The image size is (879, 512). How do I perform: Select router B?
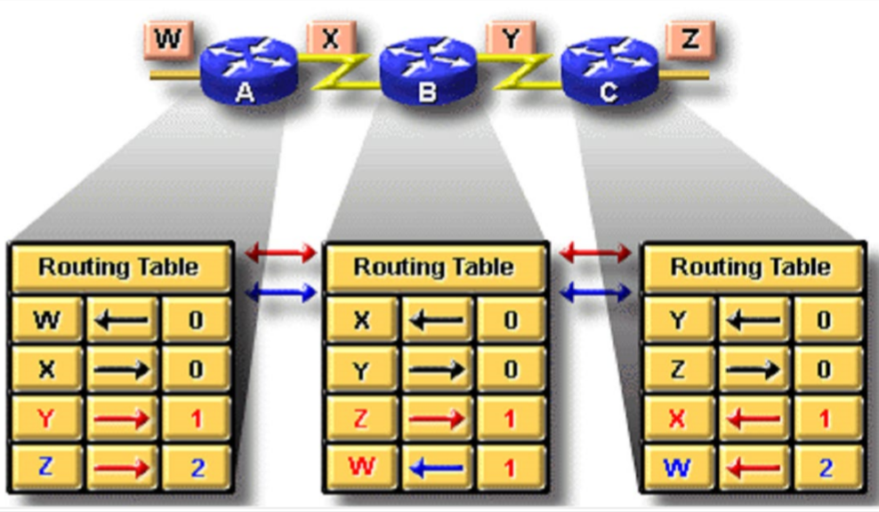coord(427,69)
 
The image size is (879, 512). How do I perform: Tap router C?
coord(609,69)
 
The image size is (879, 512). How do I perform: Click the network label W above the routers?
coord(167,39)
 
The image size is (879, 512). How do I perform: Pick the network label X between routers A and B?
coord(330,39)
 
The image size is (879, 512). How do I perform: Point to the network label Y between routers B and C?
coord(510,39)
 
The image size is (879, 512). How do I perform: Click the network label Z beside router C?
coord(689,39)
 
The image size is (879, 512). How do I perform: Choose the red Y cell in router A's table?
coord(46,418)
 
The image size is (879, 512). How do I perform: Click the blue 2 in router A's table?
coord(197,467)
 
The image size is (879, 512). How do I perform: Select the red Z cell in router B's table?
coord(360,418)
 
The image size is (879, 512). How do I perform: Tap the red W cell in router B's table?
coord(360,467)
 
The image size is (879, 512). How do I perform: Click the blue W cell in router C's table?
coord(678,467)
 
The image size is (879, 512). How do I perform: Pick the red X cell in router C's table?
coord(678,418)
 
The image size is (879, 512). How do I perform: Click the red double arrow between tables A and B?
coord(281,253)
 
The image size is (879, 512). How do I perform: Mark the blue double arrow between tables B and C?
coord(594,291)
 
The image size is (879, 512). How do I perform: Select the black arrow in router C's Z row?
coord(753,369)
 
